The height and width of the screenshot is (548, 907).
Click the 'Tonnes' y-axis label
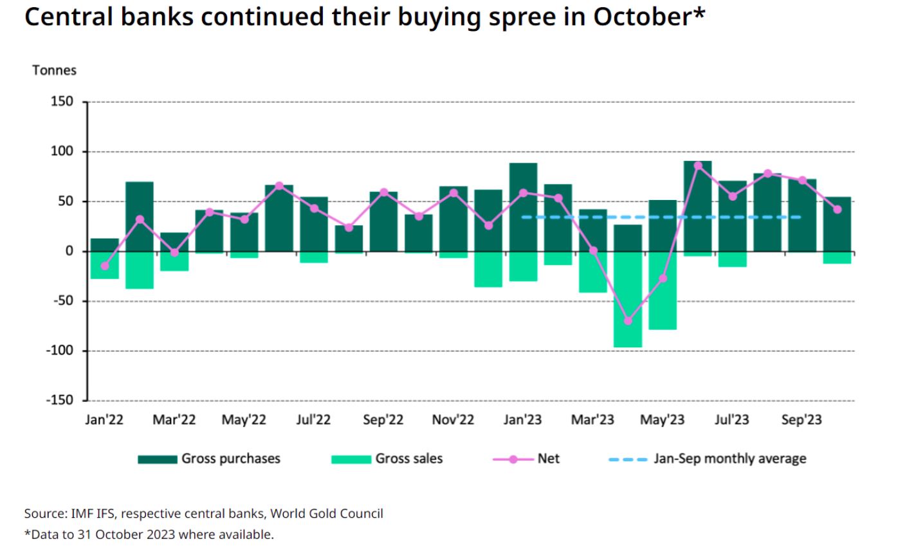(x=54, y=70)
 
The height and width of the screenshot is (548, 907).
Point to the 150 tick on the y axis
(x=63, y=102)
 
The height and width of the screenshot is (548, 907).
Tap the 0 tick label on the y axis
(x=69, y=251)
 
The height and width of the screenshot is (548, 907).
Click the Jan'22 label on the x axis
(x=104, y=420)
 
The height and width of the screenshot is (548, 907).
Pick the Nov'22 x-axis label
(x=453, y=420)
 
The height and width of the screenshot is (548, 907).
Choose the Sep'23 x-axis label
(x=802, y=420)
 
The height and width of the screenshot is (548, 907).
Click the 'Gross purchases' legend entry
(x=230, y=459)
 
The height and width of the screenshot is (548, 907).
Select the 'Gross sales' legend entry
(x=408, y=459)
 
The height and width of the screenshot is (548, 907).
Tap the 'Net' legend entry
(x=548, y=459)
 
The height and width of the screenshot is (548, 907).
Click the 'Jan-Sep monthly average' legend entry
(x=729, y=459)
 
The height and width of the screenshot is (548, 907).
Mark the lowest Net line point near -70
(x=628, y=320)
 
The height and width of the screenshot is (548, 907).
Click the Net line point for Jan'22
(x=105, y=266)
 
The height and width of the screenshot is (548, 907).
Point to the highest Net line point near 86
(x=698, y=165)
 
